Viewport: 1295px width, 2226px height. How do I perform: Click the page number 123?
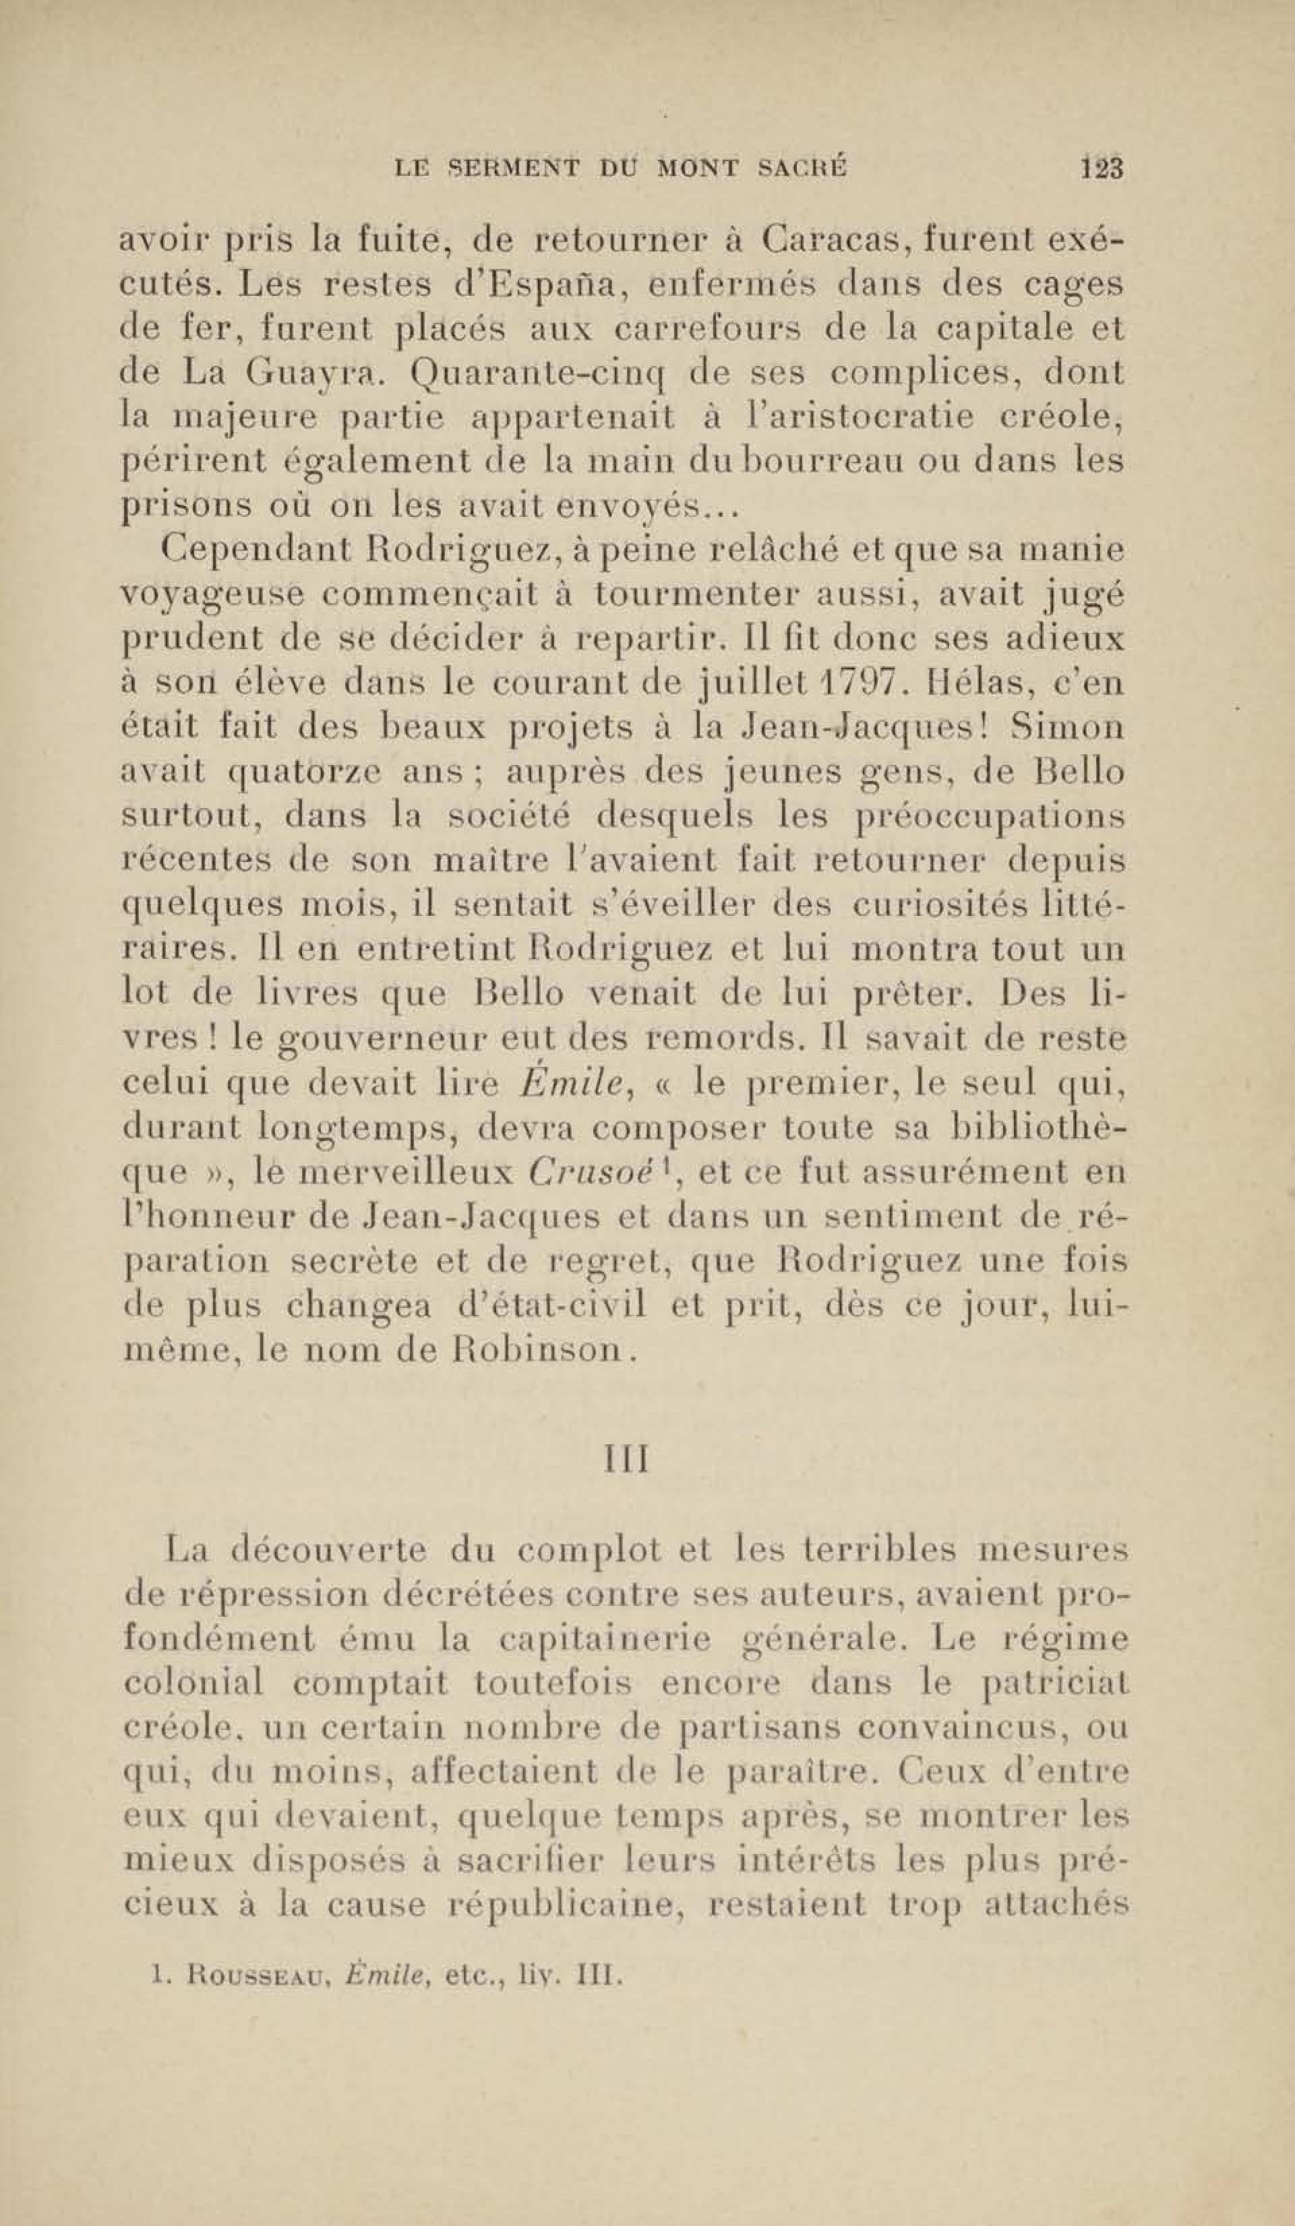click(1100, 168)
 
